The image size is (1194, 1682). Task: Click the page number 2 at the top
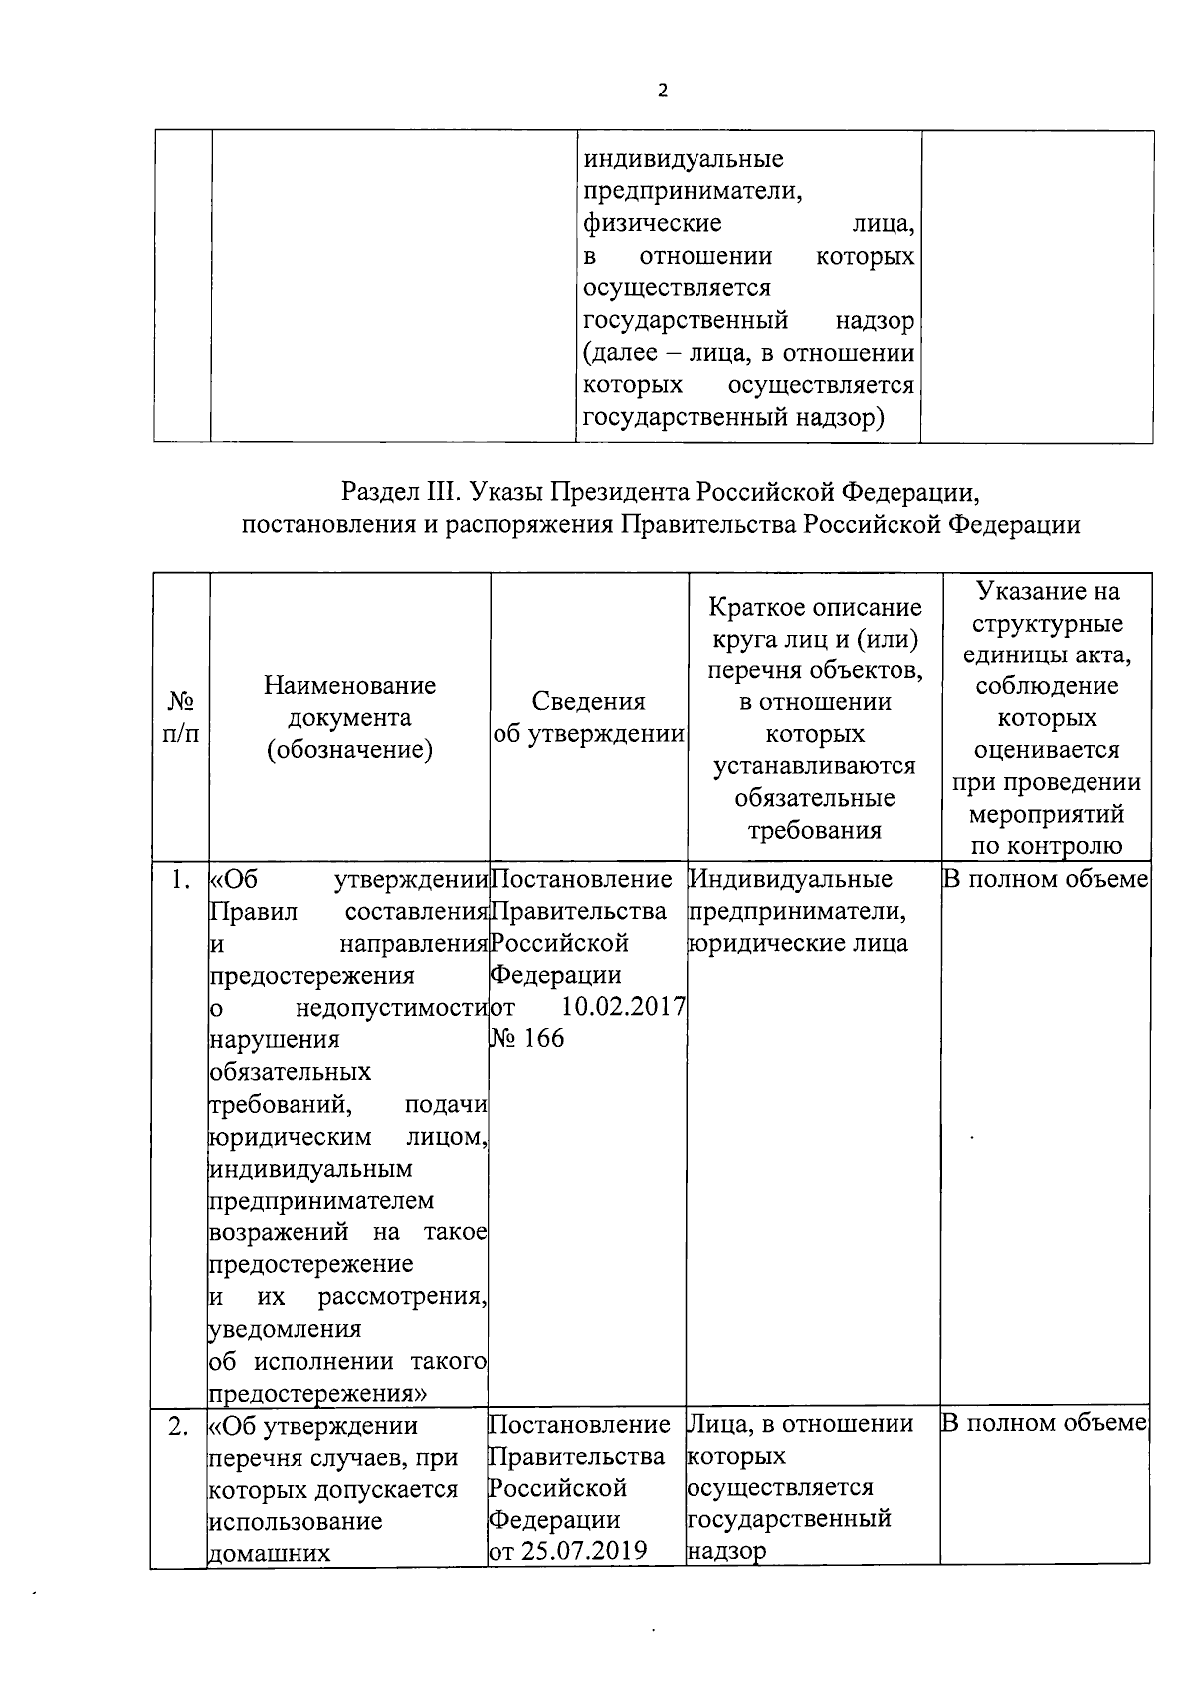(663, 91)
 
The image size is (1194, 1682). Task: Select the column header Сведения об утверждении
(589, 718)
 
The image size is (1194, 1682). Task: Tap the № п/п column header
(180, 718)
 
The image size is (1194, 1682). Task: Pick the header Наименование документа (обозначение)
(349, 718)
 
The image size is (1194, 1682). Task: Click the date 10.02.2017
(623, 1006)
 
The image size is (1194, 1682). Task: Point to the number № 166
(526, 1038)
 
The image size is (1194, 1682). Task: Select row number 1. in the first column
(180, 880)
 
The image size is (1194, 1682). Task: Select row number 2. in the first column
(179, 1426)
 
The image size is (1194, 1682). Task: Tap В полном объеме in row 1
(1046, 880)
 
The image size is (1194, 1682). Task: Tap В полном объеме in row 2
(1046, 1423)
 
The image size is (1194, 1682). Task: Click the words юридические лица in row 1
(798, 943)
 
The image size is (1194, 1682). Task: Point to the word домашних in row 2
(269, 1552)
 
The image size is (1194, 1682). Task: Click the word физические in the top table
(652, 224)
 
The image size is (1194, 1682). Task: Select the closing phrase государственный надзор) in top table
(733, 418)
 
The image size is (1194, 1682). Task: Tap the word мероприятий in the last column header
(1046, 814)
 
